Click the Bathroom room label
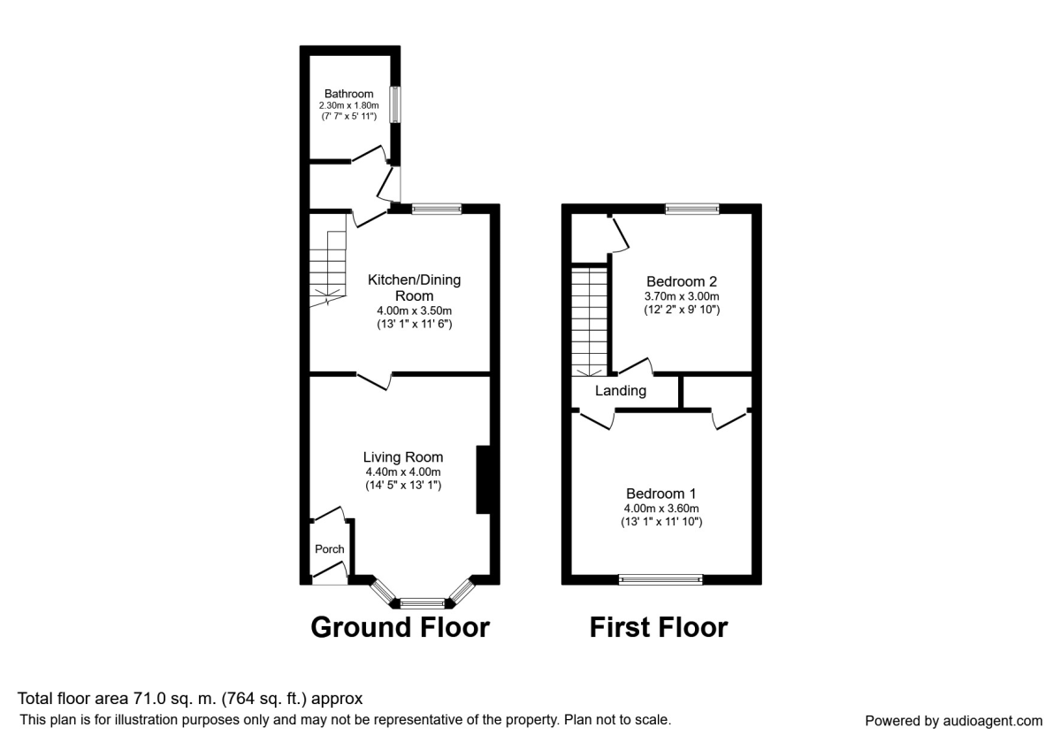coord(348,94)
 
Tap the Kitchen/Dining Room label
coord(414,287)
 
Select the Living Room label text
coord(402,457)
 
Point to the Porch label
coord(330,549)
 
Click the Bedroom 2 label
coord(681,281)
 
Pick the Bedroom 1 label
coord(661,494)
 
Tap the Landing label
coord(620,391)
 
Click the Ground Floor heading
coord(400,627)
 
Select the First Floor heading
coord(659,627)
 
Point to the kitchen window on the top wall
coord(437,209)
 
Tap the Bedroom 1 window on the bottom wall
coord(661,579)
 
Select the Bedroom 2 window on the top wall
coord(692,209)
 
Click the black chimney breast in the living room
coord(483,479)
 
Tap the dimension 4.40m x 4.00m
coord(402,472)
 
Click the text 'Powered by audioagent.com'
coord(953,721)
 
